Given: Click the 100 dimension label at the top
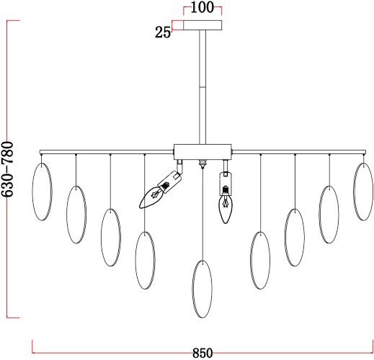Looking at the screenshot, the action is tap(202, 7).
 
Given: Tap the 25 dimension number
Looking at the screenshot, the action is tap(163, 32).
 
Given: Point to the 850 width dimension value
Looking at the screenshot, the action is tap(202, 353).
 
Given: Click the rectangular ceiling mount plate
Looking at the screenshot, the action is tap(202, 25).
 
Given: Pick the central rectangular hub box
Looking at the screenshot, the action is tap(202, 152).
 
